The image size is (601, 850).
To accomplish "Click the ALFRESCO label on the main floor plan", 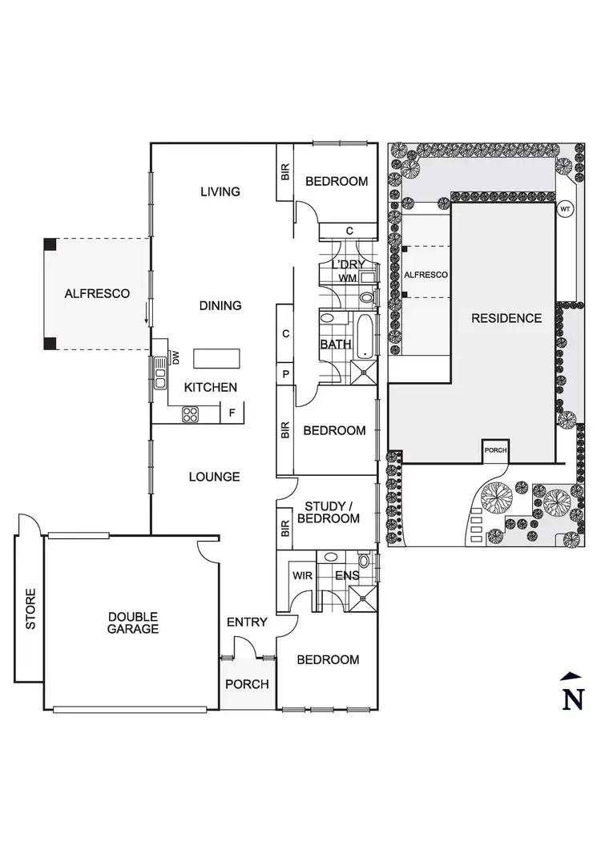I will [x=97, y=294].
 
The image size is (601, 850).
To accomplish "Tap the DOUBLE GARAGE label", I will [x=134, y=622].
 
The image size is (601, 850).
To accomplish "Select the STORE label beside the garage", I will [x=30, y=609].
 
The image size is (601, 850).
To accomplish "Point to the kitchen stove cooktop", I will [x=191, y=414].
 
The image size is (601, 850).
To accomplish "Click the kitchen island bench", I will [x=212, y=358].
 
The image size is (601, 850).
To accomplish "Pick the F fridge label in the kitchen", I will [x=232, y=414].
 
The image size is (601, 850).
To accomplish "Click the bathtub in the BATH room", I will [x=365, y=337].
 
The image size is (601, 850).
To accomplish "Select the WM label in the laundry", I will [x=347, y=278].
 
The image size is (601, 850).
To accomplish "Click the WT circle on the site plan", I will [x=565, y=209].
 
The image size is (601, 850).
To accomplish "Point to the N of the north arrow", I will [x=572, y=699].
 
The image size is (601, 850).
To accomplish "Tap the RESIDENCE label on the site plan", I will [x=506, y=318].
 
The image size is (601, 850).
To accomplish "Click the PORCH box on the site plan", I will [x=495, y=451].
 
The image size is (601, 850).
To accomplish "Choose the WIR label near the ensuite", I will [x=302, y=575].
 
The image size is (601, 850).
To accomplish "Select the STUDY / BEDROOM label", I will [x=329, y=512].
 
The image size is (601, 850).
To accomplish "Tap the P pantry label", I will [x=284, y=374].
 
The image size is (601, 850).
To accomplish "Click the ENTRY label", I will [x=247, y=622].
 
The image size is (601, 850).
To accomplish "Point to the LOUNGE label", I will [x=214, y=477].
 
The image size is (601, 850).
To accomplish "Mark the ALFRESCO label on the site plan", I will [x=426, y=275].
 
